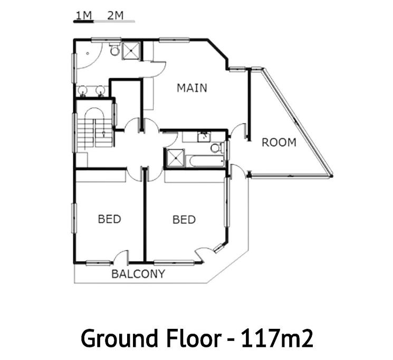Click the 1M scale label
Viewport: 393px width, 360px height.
click(83, 15)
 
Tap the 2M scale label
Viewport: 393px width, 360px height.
click(116, 15)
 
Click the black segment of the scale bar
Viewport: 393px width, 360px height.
click(83, 22)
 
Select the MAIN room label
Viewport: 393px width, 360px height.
click(192, 88)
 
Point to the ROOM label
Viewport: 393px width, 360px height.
click(279, 143)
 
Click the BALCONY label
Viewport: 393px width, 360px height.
click(138, 274)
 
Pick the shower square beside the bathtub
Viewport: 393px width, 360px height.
click(175, 157)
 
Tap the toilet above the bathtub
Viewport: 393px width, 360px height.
click(217, 148)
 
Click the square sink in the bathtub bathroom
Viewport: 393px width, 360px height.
click(204, 137)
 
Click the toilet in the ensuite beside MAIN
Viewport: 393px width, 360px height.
click(115, 50)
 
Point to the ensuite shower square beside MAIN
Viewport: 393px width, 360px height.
click(131, 51)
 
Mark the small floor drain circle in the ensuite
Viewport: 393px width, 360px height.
click(88, 53)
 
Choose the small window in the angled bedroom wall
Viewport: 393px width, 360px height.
click(219, 248)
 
